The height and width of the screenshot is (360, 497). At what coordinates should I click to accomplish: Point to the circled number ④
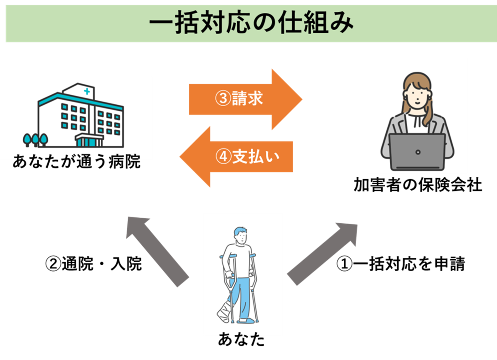(222, 157)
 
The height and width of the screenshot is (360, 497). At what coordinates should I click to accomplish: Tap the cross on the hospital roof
(87, 92)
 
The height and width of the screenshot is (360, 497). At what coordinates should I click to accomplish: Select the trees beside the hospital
(35, 139)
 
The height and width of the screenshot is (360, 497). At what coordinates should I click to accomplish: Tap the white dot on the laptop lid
(417, 151)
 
